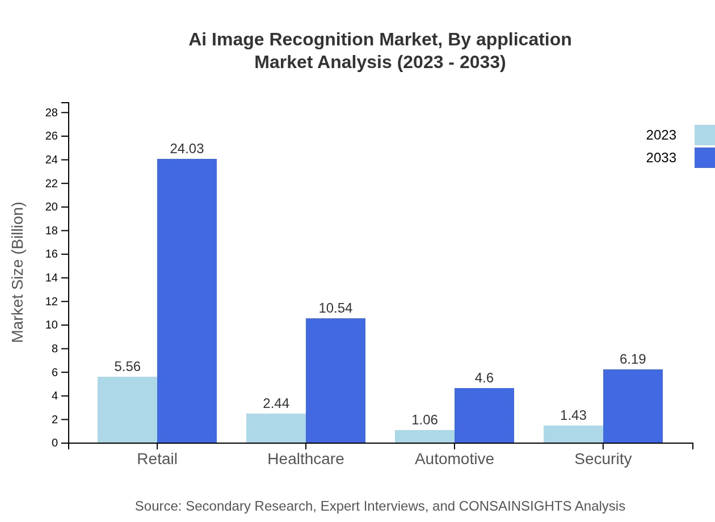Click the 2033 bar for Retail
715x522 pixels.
point(187,301)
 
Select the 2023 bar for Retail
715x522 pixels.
point(127,410)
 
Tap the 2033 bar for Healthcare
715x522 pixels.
point(335,380)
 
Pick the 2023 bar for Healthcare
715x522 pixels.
point(276,428)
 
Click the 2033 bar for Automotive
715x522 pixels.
point(484,415)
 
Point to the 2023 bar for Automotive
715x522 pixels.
point(424,436)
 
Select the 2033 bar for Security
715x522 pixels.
point(633,406)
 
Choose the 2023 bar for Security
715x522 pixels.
point(573,434)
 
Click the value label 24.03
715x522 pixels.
point(187,149)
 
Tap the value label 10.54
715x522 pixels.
point(335,308)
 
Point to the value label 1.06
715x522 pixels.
point(424,420)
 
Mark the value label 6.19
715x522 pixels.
point(633,359)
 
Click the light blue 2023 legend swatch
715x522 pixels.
point(704,135)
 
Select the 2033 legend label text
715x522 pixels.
point(661,158)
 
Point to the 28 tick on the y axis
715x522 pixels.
point(52,113)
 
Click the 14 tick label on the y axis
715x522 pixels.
point(52,278)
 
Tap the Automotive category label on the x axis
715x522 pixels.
point(454,458)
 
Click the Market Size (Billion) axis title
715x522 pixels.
point(18,272)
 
